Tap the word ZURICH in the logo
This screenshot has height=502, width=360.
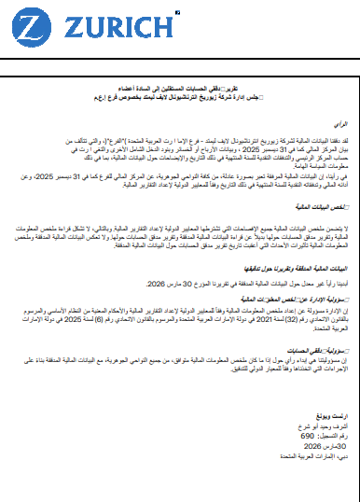[98, 28]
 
